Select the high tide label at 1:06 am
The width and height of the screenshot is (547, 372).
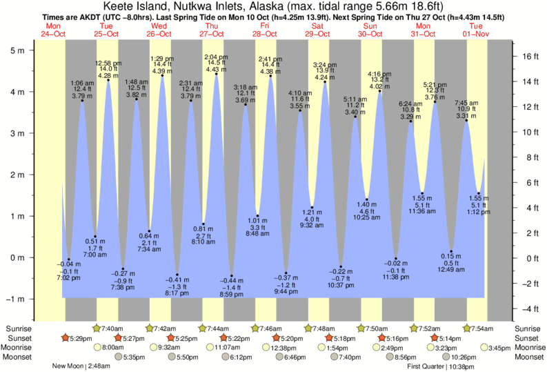point(82,89)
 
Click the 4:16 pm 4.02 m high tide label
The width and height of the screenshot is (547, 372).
point(379,81)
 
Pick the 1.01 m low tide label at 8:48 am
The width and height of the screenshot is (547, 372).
point(257,227)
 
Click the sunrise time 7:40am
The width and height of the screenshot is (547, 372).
point(112,329)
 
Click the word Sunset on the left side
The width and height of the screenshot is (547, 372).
point(19,338)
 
